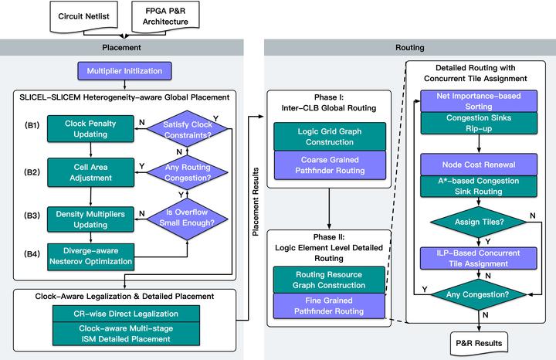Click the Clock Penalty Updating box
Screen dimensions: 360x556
[86, 127]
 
